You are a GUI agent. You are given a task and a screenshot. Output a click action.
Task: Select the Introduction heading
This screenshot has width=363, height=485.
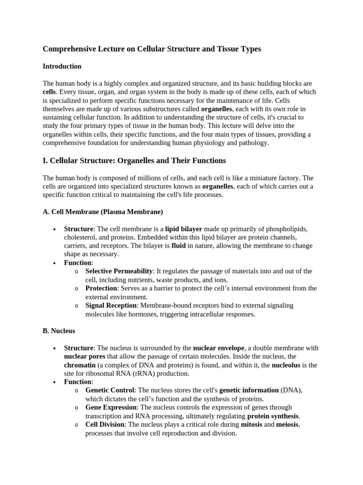62,66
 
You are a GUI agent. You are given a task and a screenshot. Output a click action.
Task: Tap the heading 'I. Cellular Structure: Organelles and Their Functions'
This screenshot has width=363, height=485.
134,161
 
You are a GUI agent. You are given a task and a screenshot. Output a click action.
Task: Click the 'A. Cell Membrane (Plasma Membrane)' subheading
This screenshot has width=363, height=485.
103,212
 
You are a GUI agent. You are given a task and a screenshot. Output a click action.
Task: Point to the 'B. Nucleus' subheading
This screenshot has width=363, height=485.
59,331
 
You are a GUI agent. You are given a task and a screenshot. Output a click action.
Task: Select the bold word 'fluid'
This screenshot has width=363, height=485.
178,246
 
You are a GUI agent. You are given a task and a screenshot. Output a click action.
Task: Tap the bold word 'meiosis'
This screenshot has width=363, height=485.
287,424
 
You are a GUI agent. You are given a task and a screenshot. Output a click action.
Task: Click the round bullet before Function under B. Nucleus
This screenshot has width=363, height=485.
54,382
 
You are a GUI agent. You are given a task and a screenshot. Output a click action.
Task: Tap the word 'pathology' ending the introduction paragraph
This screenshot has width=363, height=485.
254,143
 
